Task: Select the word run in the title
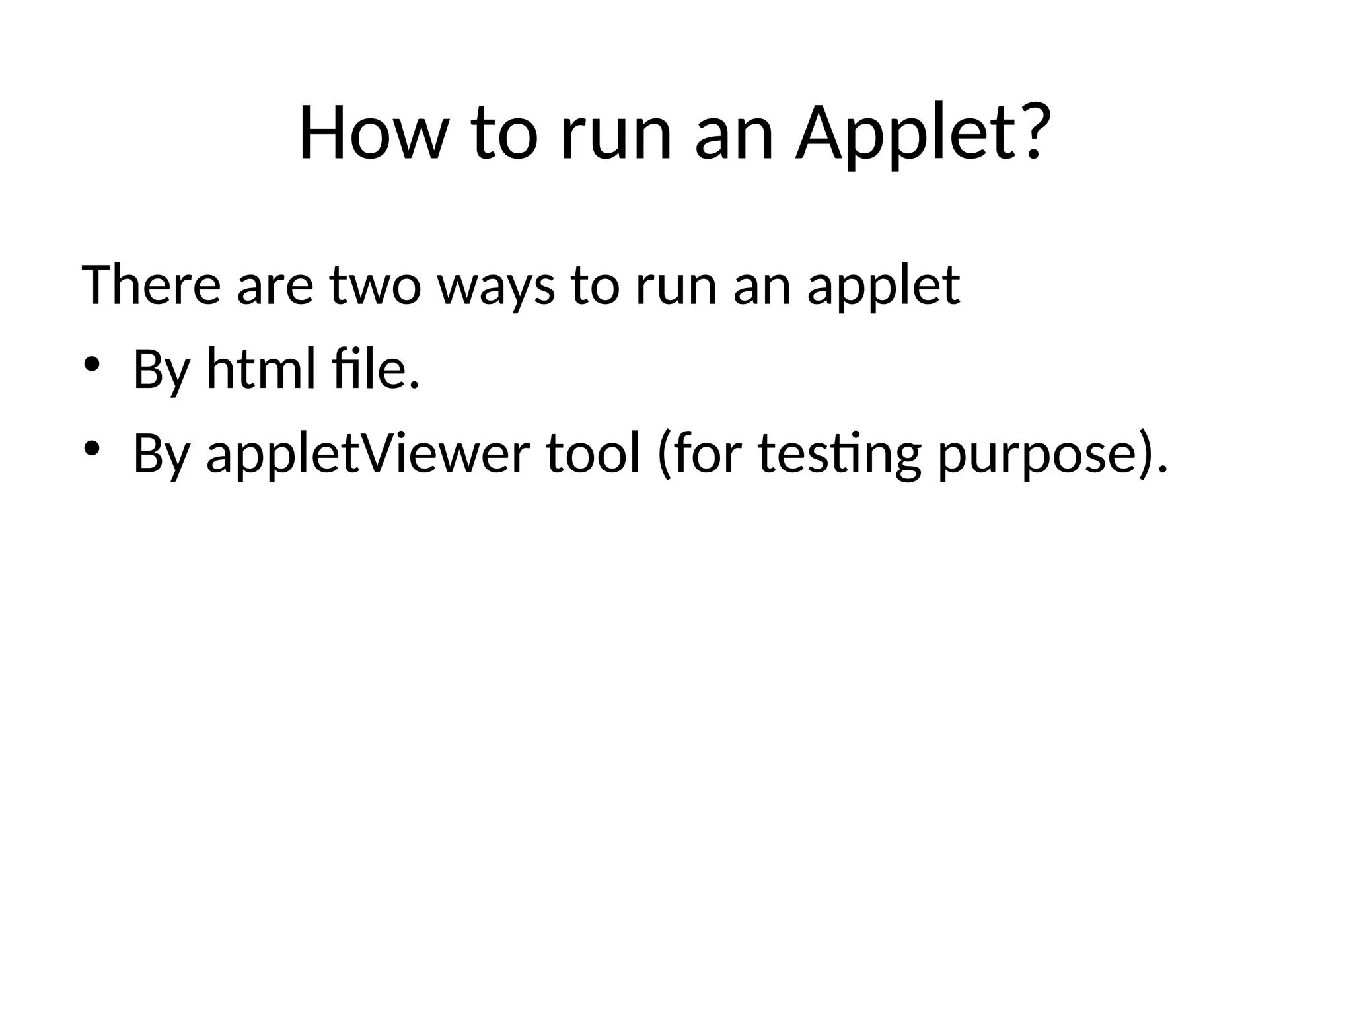[x=616, y=139]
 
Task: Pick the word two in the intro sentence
[x=375, y=286]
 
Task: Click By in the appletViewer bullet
[x=161, y=455]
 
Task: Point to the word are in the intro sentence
[x=275, y=288]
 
